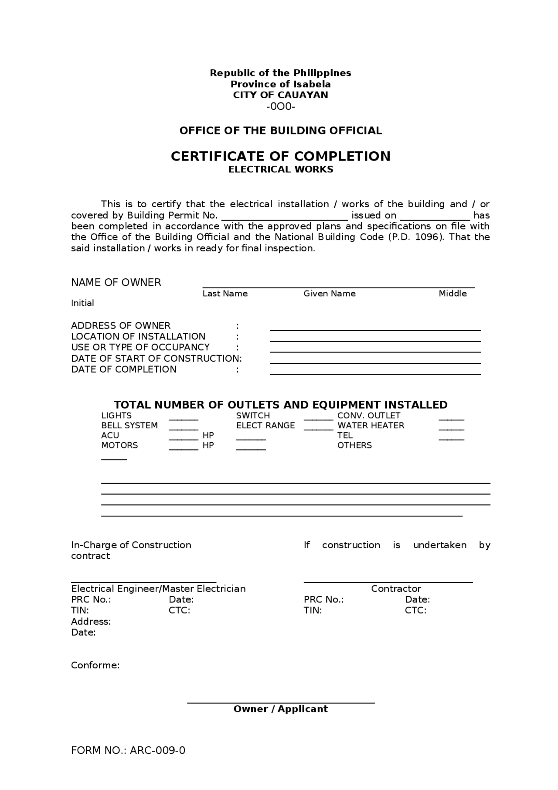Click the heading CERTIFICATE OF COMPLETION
pos(280,156)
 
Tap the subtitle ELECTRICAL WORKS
pos(280,169)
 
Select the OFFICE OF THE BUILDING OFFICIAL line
pos(280,130)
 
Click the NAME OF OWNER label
pos(116,283)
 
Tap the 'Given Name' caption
pos(329,294)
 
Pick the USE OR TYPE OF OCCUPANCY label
pos(140,347)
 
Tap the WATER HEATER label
pos(371,425)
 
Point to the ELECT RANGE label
pos(265,425)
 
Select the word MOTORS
pos(119,445)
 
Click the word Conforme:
pos(95,665)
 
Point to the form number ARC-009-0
pos(157,750)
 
